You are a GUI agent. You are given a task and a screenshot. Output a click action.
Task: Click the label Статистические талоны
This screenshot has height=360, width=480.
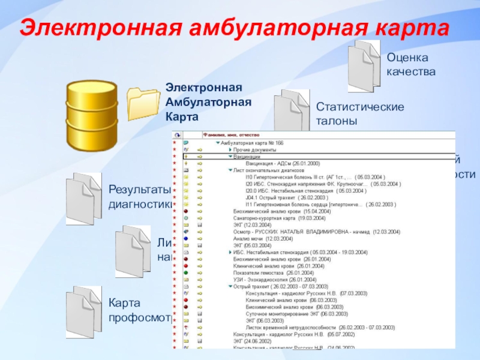tap(360, 113)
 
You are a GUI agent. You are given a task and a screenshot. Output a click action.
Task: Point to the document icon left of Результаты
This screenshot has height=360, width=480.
tap(83, 199)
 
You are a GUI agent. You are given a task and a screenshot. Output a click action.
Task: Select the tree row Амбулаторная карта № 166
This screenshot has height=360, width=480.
tap(252, 143)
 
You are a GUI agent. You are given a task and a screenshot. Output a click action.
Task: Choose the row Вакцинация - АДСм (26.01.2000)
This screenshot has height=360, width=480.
tap(283, 163)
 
